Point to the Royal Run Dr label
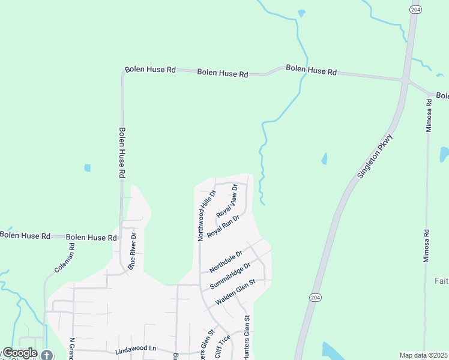(x=223, y=226)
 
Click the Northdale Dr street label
(x=226, y=260)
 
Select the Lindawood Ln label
(x=135, y=349)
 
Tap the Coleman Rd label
(x=64, y=258)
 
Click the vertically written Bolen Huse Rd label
(x=122, y=152)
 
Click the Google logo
(x=20, y=353)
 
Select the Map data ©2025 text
(x=423, y=355)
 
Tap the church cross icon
(x=47, y=355)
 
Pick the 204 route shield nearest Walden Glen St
(x=315, y=298)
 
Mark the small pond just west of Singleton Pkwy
(x=325, y=159)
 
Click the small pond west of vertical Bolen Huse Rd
(x=88, y=167)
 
